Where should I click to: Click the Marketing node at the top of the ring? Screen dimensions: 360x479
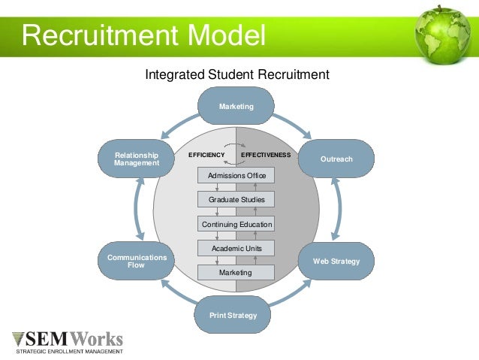(x=236, y=106)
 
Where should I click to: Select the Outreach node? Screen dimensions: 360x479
(x=336, y=159)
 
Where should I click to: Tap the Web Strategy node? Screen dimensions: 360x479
(x=336, y=261)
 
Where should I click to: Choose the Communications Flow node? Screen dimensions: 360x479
(x=136, y=261)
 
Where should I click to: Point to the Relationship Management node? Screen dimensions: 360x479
(x=136, y=159)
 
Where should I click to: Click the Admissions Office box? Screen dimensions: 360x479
(x=236, y=175)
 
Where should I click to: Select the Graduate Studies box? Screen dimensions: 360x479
(x=236, y=199)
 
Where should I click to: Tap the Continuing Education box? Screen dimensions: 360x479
(x=236, y=223)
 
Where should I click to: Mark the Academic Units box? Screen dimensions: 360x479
(x=236, y=248)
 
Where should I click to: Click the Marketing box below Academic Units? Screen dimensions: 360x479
(x=236, y=272)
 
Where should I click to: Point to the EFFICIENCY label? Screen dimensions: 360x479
(x=206, y=155)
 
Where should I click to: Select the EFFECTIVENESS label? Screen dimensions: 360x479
(x=265, y=155)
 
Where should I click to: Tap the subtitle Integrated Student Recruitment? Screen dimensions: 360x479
(x=236, y=74)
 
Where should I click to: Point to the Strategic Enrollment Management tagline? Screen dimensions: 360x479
(x=69, y=351)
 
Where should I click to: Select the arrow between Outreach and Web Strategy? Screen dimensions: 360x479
(x=336, y=210)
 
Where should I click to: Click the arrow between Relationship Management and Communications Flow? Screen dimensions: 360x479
(x=137, y=210)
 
